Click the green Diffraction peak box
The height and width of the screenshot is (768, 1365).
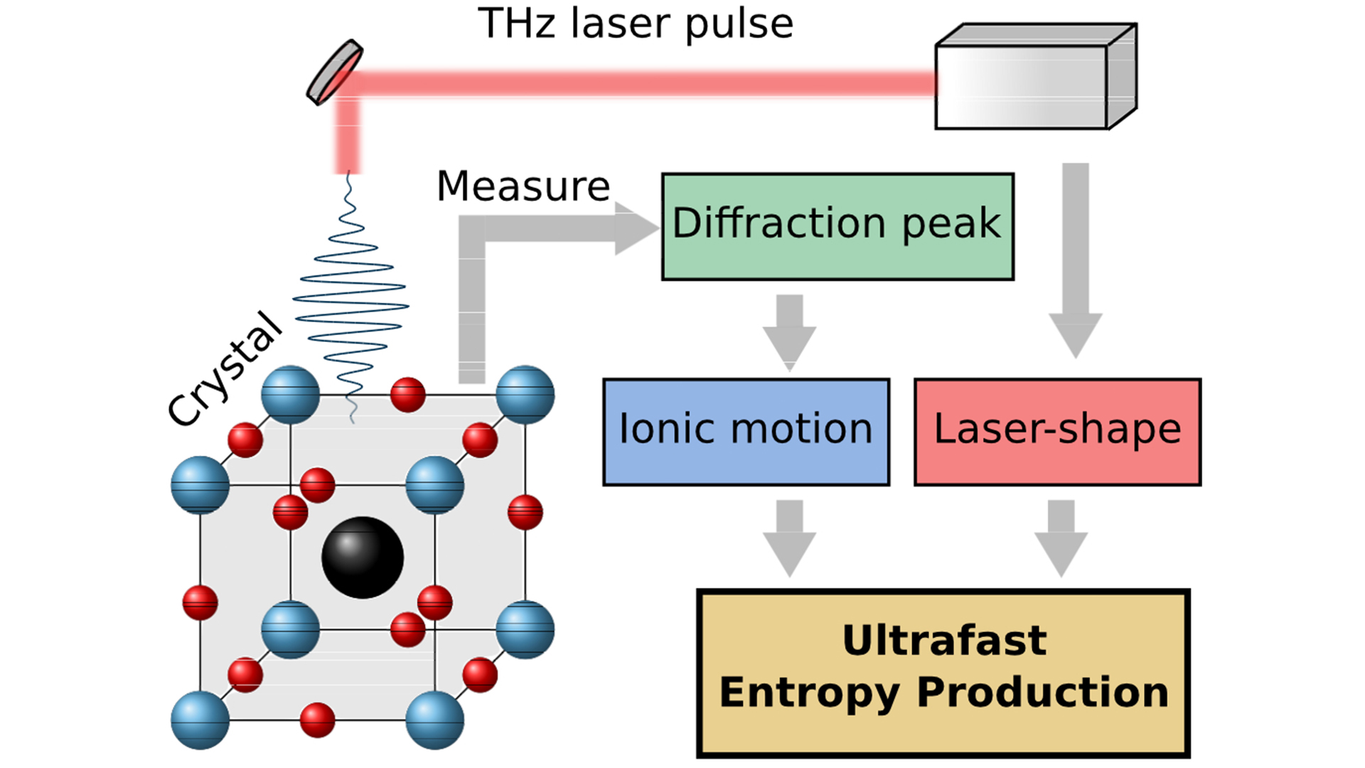[837, 226]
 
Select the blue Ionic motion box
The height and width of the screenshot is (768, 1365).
[746, 432]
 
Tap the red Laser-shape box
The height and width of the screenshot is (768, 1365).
[1057, 432]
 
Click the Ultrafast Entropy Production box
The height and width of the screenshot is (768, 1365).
[943, 673]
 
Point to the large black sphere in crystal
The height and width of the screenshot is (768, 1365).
[363, 557]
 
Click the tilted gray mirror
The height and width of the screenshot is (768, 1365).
[334, 73]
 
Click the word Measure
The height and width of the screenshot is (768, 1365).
[523, 186]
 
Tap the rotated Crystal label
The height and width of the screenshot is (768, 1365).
[225, 370]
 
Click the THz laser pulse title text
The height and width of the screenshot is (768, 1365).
[635, 24]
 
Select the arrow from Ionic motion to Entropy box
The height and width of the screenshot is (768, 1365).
[789, 537]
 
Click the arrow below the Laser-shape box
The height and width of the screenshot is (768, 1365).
[1061, 537]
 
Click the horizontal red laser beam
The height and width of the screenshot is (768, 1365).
[640, 84]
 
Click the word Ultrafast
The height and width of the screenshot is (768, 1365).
[944, 641]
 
